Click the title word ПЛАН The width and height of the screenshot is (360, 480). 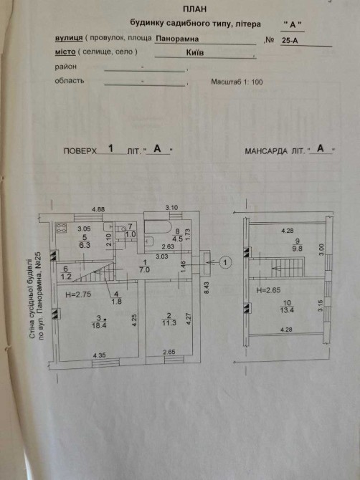pyautogui.click(x=194, y=9)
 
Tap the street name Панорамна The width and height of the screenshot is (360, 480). pyautogui.click(x=177, y=39)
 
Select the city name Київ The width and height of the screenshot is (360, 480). pyautogui.click(x=195, y=52)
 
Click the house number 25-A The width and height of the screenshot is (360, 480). pyautogui.click(x=290, y=40)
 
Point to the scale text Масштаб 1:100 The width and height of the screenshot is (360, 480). pyautogui.click(x=237, y=82)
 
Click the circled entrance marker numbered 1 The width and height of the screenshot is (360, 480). pyautogui.click(x=226, y=262)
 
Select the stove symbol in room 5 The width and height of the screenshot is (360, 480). pyautogui.click(x=61, y=229)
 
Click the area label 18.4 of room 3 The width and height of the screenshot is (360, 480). pyautogui.click(x=99, y=325)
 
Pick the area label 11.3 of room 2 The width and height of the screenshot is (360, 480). pyautogui.click(x=169, y=322)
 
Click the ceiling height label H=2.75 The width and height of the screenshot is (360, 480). pyautogui.click(x=78, y=294)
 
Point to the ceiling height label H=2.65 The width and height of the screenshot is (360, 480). pyautogui.click(x=268, y=290)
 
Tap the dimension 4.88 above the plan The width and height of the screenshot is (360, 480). pyautogui.click(x=99, y=210)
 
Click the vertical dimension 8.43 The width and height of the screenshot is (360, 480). pyautogui.click(x=207, y=288)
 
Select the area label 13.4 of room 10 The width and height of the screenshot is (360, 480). pyautogui.click(x=287, y=309)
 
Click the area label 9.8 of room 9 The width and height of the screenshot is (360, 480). pyautogui.click(x=297, y=249)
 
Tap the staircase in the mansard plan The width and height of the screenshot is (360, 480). pyautogui.click(x=288, y=268)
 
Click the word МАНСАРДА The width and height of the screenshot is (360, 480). pyautogui.click(x=266, y=151)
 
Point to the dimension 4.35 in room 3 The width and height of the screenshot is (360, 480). pyautogui.click(x=99, y=355)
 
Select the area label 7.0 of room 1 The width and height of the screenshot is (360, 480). pyautogui.click(x=144, y=270)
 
